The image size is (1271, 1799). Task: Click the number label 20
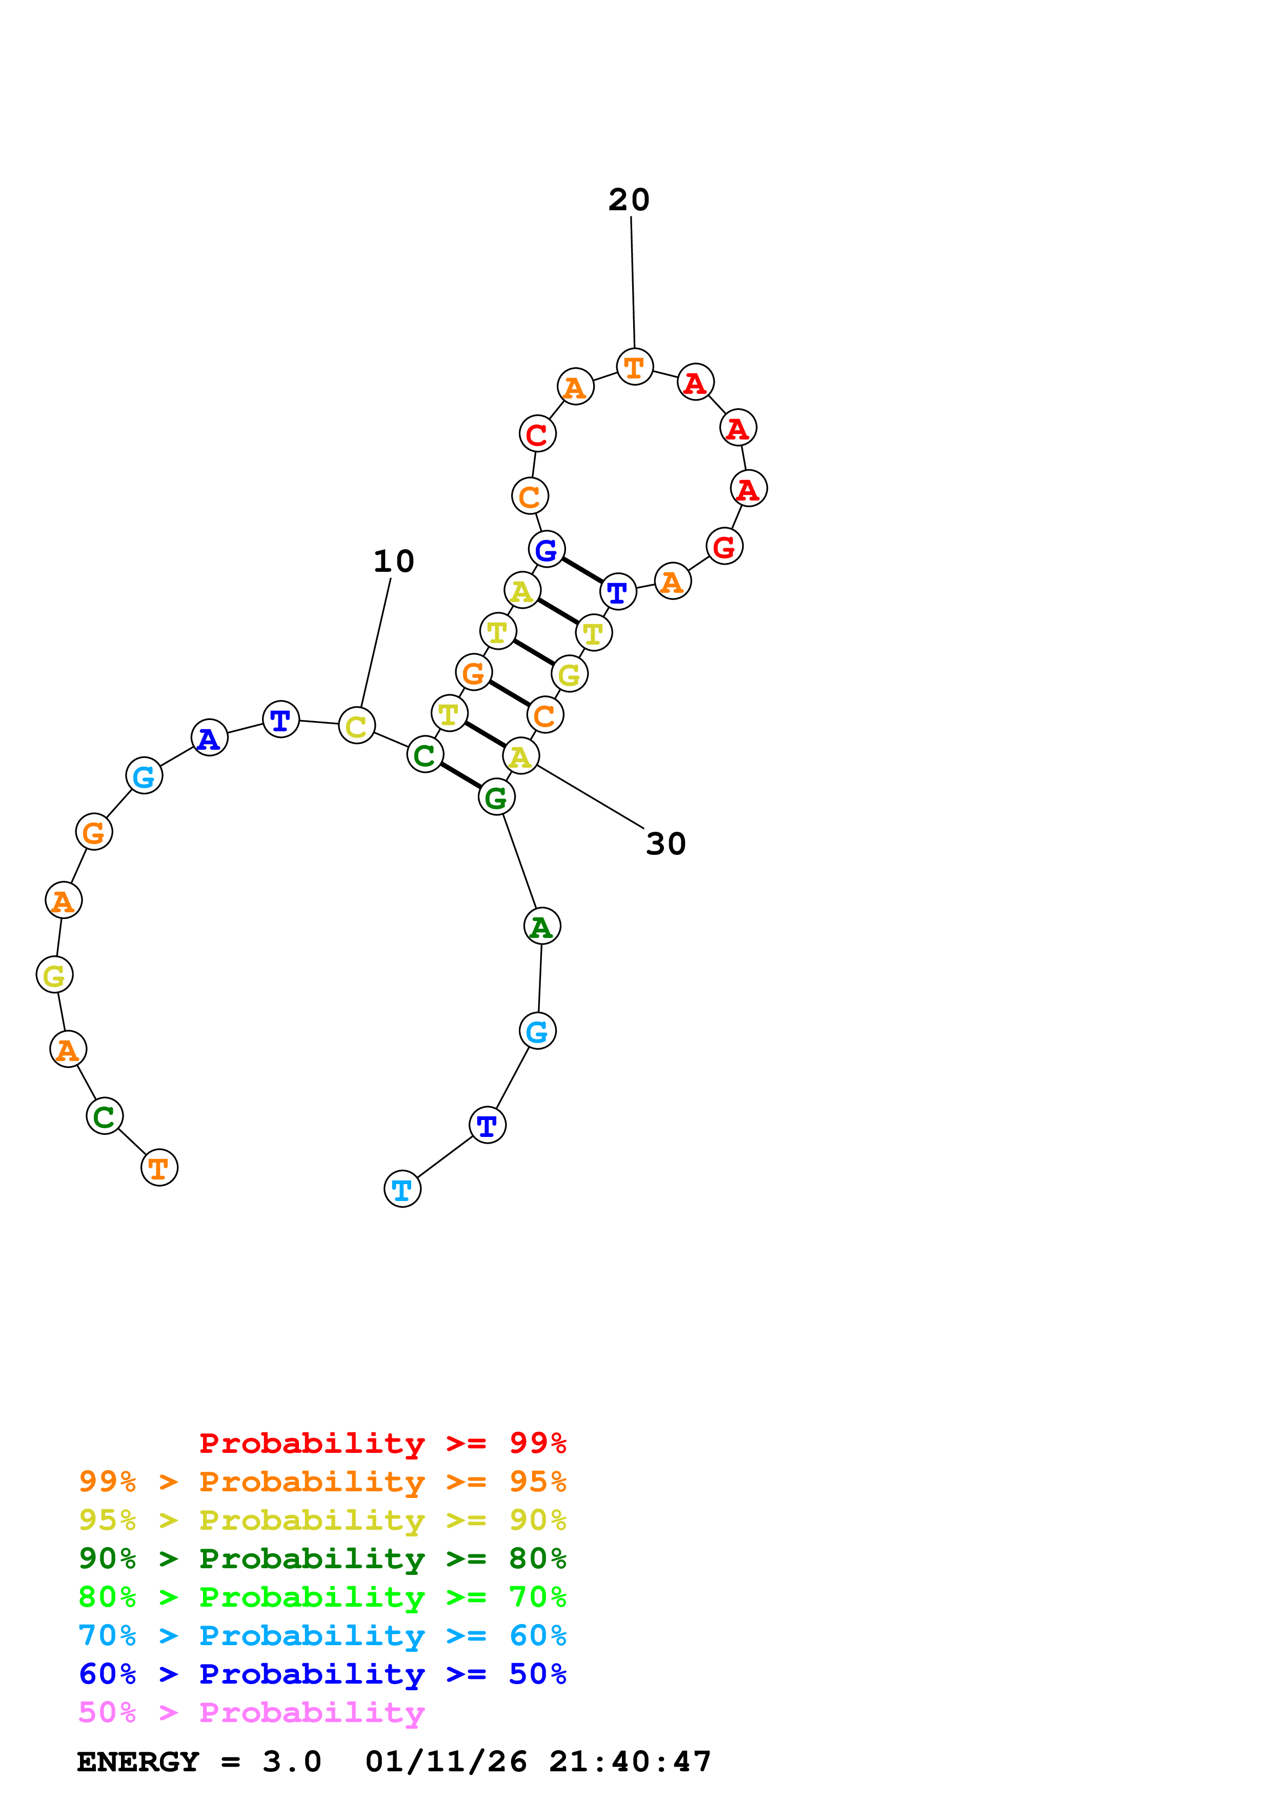pyautogui.click(x=629, y=200)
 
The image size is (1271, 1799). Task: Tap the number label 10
pyautogui.click(x=393, y=561)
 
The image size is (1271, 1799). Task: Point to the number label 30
pyautogui.click(x=665, y=844)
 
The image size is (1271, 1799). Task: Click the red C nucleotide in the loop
pyautogui.click(x=537, y=434)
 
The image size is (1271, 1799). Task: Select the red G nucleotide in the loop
pyautogui.click(x=724, y=546)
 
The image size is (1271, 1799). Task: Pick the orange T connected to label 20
pyautogui.click(x=634, y=367)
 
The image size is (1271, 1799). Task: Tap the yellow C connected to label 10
pyautogui.click(x=356, y=726)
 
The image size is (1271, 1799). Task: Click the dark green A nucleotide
pyautogui.click(x=542, y=926)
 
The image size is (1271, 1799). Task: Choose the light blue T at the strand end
pyautogui.click(x=402, y=1189)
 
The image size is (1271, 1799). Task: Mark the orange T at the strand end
pyautogui.click(x=159, y=1168)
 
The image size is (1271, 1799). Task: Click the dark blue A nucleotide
pyautogui.click(x=209, y=737)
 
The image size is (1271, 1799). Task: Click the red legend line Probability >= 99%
pyautogui.click(x=382, y=1443)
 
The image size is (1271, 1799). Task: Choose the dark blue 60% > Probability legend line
pyautogui.click(x=322, y=1674)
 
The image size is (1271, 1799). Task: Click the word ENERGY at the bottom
pyautogui.click(x=138, y=1762)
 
